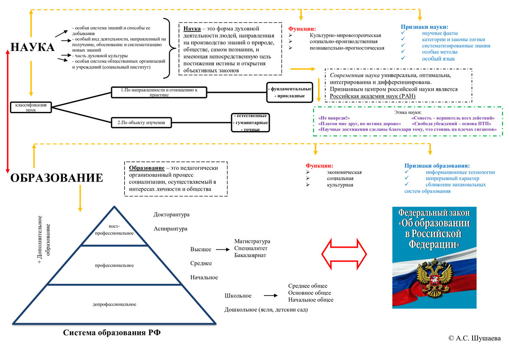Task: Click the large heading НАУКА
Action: coord(33,47)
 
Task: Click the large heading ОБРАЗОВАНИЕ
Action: coord(56,177)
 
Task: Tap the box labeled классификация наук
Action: coord(31,107)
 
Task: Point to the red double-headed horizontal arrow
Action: coord(344,254)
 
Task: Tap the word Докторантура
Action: coord(171,215)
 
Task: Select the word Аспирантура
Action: coord(171,229)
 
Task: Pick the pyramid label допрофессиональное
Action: coord(114,304)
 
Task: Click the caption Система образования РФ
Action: coord(112,332)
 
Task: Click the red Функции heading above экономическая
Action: coord(319,165)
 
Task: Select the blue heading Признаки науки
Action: coord(424,27)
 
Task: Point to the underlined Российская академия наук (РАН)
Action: coord(372,96)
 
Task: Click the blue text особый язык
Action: coord(439,59)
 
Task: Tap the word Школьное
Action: coord(238,296)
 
